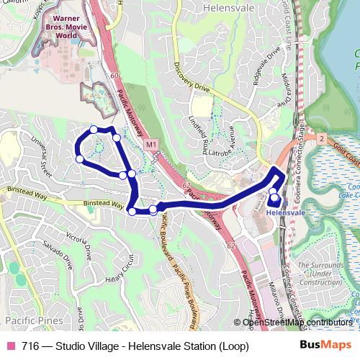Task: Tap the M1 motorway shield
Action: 150,145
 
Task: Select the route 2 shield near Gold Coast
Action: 321,137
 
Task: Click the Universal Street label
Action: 37,152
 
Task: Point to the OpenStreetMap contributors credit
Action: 297,322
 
